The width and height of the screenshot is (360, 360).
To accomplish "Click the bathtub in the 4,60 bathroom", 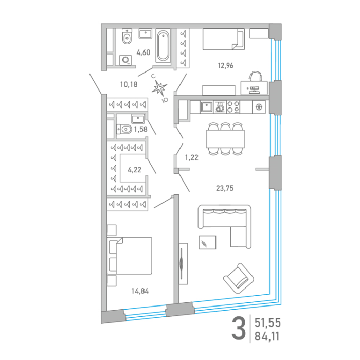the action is [163, 45].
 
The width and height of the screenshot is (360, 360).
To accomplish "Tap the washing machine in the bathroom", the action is [125, 60].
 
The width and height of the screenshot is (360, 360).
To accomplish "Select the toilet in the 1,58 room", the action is [124, 129].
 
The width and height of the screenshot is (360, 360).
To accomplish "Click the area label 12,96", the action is [225, 66].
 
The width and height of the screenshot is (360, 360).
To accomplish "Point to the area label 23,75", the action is [225, 188].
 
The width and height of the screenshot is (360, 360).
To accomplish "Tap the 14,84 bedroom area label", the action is [140, 291].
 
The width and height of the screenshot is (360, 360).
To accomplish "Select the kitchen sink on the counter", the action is [206, 107].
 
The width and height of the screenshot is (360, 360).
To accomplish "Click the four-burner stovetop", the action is [233, 107].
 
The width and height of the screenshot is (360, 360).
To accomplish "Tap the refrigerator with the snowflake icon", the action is [259, 107].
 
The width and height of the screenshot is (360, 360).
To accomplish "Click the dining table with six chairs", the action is [225, 139].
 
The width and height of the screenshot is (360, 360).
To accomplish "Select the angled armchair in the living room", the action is [239, 278].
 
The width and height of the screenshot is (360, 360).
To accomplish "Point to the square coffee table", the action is [207, 242].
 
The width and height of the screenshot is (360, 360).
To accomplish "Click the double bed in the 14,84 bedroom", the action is [130, 256].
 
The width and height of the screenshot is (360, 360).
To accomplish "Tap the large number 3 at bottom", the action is [239, 329].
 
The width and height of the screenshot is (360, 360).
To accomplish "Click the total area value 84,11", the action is [267, 336].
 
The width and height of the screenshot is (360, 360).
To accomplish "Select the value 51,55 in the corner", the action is [267, 323].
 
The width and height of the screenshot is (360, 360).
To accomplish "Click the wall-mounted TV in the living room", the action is [183, 264].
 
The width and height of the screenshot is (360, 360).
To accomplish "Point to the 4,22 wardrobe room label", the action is [135, 170].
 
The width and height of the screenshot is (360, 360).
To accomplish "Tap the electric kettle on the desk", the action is [255, 76].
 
